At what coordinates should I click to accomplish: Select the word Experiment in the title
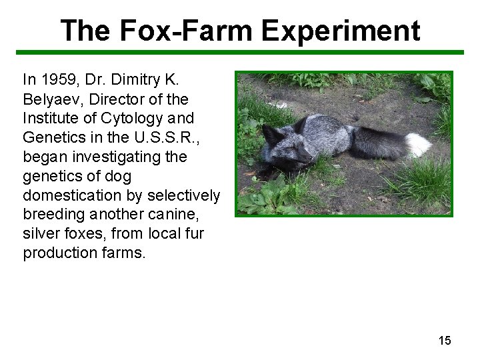click(341, 31)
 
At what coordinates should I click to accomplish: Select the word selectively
click(183, 196)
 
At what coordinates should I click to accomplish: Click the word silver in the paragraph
click(39, 234)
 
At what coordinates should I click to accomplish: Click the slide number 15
click(445, 341)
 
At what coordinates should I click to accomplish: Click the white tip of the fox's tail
click(418, 144)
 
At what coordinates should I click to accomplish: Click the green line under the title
click(240, 52)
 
